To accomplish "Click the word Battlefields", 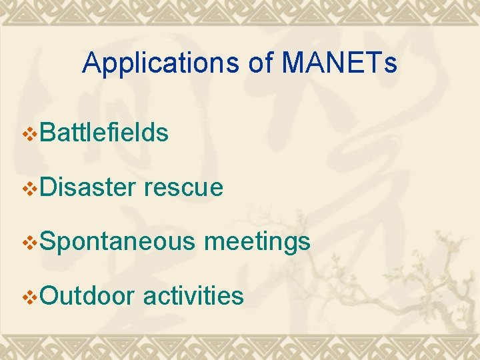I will tap(104, 133).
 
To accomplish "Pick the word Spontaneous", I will tap(117, 242).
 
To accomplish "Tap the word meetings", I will tap(257, 242).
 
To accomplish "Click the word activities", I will tap(193, 295).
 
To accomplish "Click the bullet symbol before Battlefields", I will tap(31, 134).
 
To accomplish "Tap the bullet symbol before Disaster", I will tap(31, 189).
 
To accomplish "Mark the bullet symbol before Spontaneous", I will tap(31, 243).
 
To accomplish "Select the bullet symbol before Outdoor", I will tap(31, 297).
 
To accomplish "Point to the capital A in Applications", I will tap(91, 63).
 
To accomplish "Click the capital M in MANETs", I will tap(293, 63).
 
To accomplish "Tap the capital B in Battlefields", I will tap(47, 133).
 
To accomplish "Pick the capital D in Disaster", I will tap(48, 187).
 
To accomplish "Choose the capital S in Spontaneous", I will tap(47, 241).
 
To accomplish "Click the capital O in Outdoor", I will tap(49, 295).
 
